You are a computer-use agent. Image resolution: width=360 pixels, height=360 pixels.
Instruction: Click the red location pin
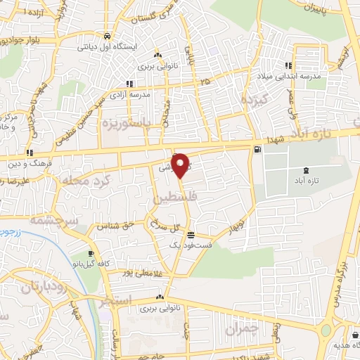(181, 165)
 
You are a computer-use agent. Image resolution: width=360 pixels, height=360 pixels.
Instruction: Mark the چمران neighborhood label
(244, 328)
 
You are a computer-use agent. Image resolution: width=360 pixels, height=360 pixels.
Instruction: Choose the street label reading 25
(205, 82)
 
